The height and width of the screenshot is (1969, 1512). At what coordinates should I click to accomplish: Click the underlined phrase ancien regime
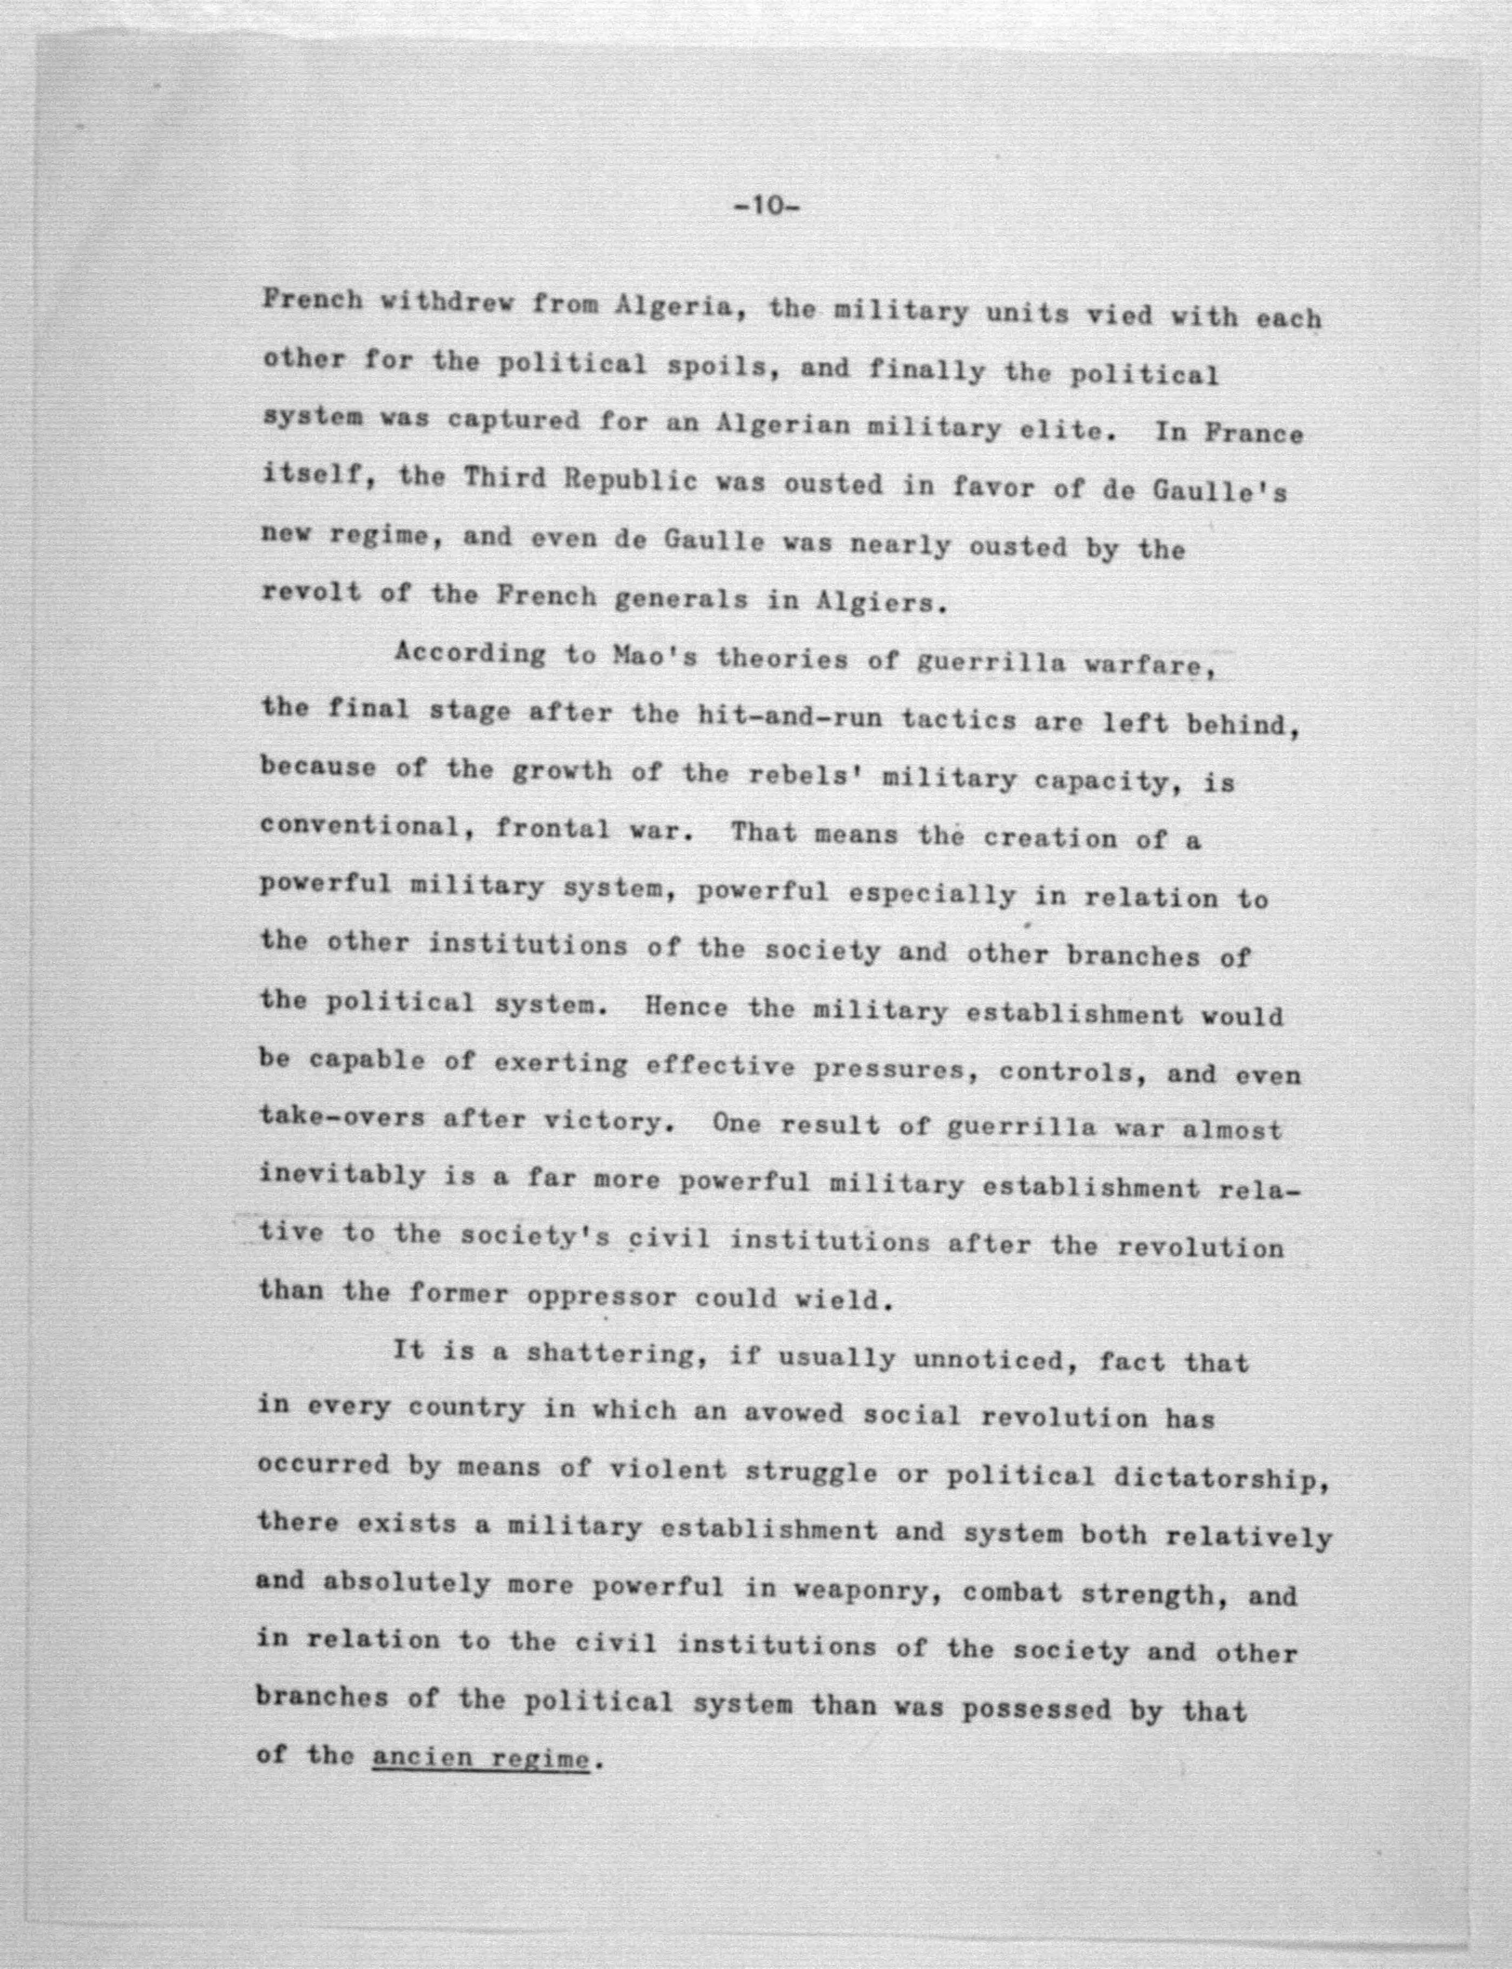click(481, 1757)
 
